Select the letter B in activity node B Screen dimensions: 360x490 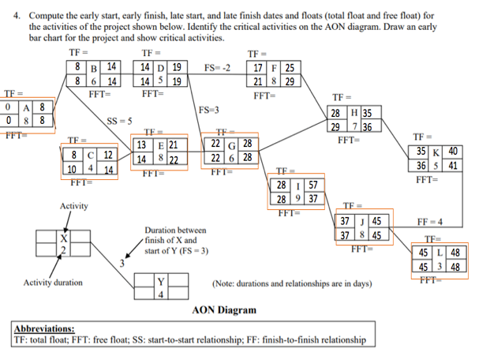pyautogui.click(x=93, y=67)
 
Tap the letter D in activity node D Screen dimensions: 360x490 pyautogui.click(x=161, y=67)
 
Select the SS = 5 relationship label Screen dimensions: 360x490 pyautogui.click(x=118, y=120)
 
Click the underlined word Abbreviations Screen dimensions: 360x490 pyautogui.click(x=44, y=328)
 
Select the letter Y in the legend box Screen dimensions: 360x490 pyautogui.click(x=162, y=282)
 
